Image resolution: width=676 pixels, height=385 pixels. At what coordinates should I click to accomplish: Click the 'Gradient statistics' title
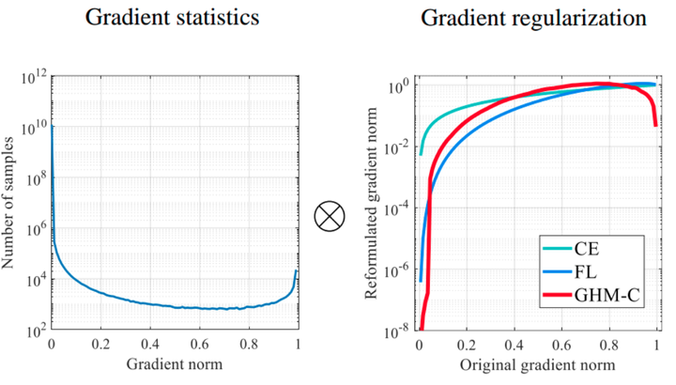click(x=175, y=19)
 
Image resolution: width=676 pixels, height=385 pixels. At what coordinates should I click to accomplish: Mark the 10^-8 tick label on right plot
click(x=394, y=331)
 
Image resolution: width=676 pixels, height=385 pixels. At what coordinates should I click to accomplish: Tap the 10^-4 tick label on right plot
click(x=394, y=208)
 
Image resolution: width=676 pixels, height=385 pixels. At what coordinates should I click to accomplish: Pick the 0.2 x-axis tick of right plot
click(x=467, y=345)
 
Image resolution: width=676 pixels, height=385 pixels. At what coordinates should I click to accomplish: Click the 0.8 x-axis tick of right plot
click(x=608, y=345)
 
